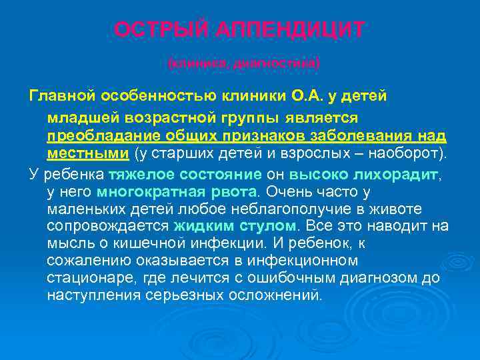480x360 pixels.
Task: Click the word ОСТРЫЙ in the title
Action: pyautogui.click(x=155, y=30)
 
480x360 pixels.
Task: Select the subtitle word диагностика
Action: pyautogui.click(x=279, y=63)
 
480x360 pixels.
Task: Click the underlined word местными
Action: pyautogui.click(x=88, y=153)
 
